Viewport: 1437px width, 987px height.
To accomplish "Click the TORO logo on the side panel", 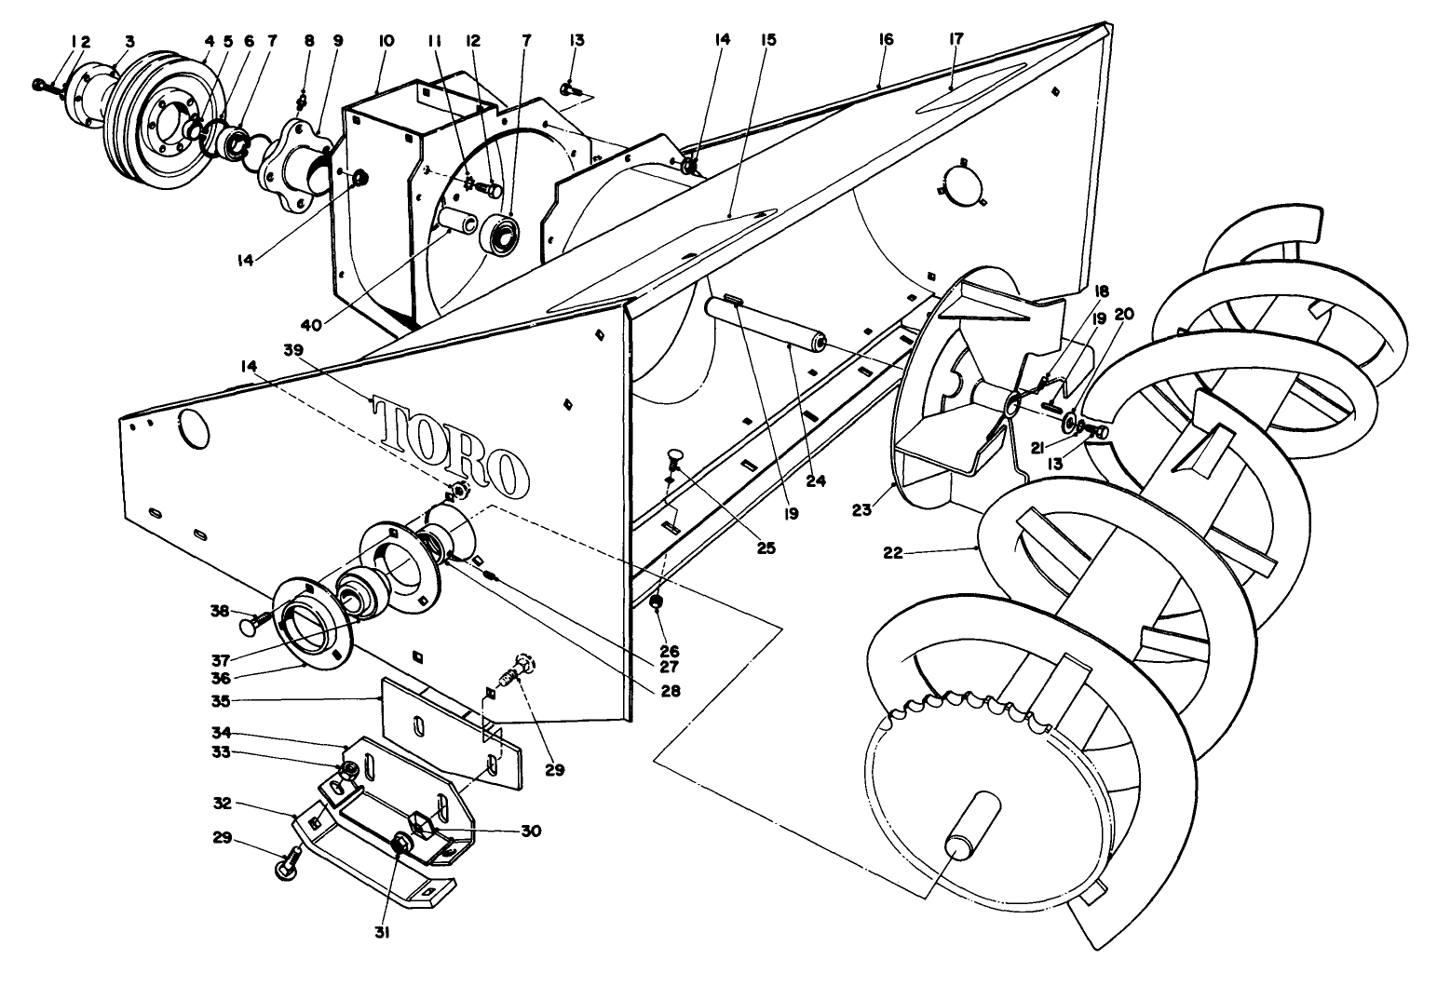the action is click(452, 448).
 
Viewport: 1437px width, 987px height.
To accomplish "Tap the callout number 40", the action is click(312, 325).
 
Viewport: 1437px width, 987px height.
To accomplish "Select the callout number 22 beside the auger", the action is click(893, 552).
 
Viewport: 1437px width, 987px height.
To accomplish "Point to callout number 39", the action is click(293, 350).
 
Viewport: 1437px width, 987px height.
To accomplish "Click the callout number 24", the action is click(816, 481).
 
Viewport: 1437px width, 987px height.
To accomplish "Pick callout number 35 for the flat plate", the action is click(221, 701).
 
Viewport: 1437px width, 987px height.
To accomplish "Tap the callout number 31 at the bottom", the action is click(383, 933).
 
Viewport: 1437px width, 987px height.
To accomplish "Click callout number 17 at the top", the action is click(956, 39).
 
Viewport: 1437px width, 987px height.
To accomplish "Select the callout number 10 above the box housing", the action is click(386, 41).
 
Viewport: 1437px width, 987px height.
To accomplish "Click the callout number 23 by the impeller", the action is click(862, 510).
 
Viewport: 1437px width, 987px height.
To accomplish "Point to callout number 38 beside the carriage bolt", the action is click(220, 611).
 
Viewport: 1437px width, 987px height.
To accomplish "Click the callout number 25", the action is click(766, 548).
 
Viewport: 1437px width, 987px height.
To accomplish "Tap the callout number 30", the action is click(531, 832).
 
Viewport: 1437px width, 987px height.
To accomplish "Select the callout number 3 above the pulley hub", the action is click(130, 42).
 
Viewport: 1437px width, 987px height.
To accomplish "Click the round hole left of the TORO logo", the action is click(194, 429).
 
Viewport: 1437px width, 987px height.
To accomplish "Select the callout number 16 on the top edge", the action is click(886, 39).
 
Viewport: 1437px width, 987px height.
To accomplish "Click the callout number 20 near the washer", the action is click(1124, 314).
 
